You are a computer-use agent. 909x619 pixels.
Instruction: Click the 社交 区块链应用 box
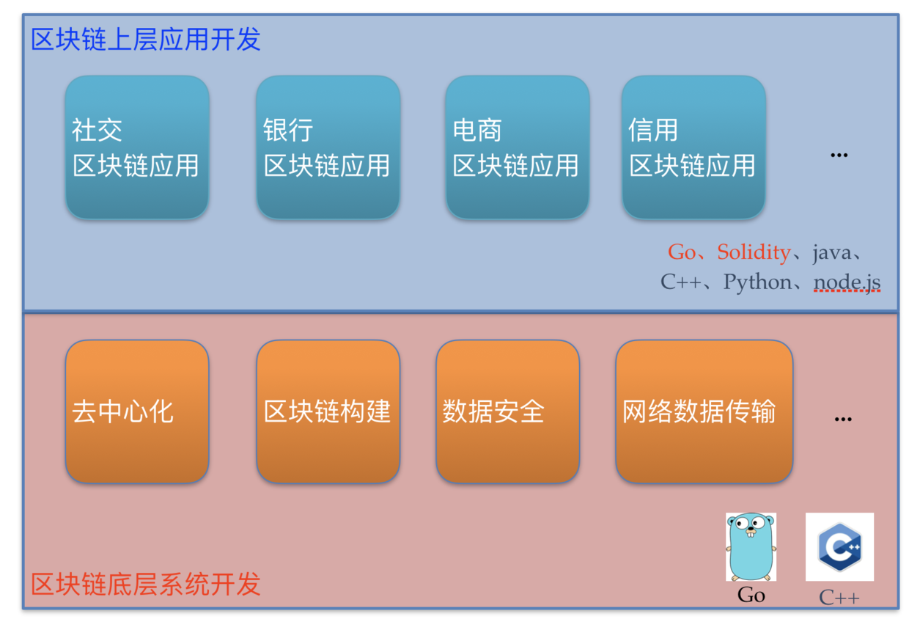click(137, 147)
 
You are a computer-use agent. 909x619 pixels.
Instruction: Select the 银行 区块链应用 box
click(328, 147)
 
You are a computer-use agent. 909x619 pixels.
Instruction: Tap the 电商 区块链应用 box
click(518, 147)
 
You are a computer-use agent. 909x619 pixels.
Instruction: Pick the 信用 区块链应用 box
click(694, 147)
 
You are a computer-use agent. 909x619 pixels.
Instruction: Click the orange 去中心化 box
click(137, 411)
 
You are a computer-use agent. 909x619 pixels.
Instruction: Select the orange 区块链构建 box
click(328, 411)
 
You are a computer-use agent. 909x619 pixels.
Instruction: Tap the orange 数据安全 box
click(508, 411)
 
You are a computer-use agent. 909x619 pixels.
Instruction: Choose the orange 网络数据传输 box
click(704, 411)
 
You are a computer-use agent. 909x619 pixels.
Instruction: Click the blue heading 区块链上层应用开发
click(146, 40)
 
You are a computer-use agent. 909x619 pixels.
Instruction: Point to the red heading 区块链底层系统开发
click(146, 584)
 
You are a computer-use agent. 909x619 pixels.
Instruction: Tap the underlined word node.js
click(847, 282)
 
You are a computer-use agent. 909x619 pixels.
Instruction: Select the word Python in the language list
click(757, 282)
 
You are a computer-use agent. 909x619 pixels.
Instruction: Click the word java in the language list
click(832, 253)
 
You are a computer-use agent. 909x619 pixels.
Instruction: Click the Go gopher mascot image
click(751, 546)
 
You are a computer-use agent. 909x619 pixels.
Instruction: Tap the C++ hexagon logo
click(839, 546)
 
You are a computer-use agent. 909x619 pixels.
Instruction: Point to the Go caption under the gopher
click(751, 595)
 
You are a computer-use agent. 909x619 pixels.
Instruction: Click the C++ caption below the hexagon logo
click(839, 598)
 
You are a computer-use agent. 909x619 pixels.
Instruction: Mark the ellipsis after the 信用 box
click(839, 155)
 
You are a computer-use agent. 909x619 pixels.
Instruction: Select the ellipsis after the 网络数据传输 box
click(843, 420)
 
